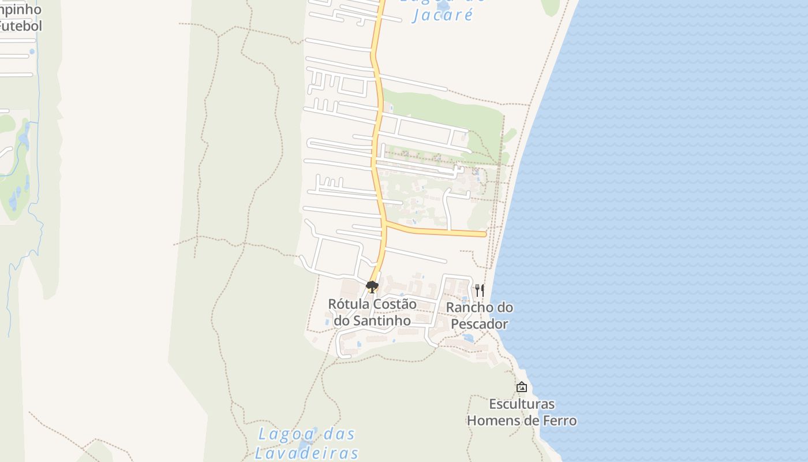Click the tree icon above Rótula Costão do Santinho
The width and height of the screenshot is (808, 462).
372,286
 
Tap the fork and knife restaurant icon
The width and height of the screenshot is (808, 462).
480,289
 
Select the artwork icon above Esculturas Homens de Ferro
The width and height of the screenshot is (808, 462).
521,387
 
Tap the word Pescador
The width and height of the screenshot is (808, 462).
479,324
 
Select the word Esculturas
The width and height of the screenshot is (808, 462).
521,404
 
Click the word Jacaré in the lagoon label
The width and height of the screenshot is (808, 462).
443,15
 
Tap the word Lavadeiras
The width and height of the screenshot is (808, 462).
306,452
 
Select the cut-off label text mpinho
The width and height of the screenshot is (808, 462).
21,10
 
